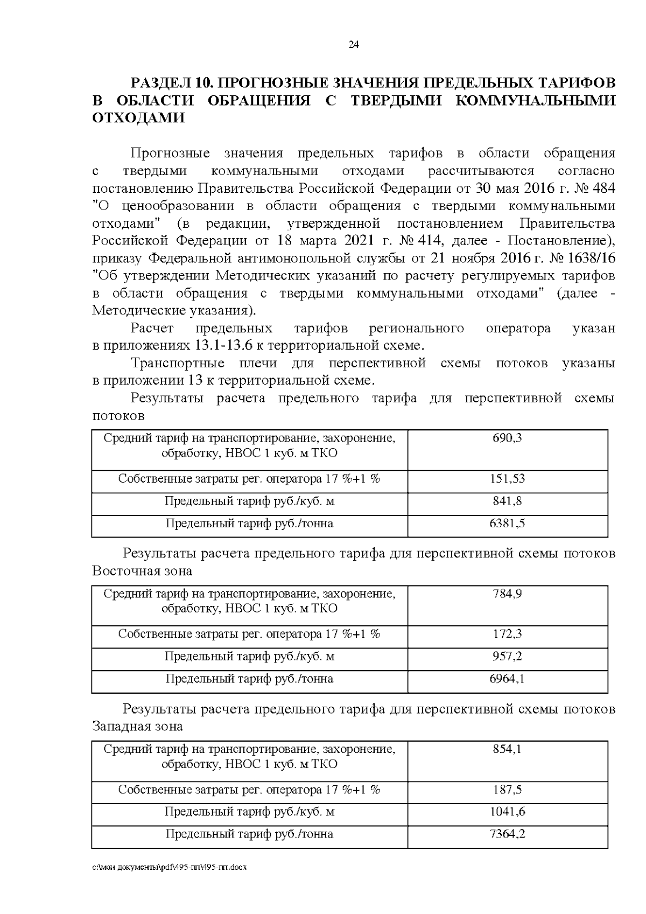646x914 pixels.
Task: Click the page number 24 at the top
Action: [354, 45]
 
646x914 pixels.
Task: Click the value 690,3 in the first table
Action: [507, 438]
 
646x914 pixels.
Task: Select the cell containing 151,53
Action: [507, 479]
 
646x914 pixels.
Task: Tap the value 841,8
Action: [507, 501]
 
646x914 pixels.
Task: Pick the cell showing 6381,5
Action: [507, 524]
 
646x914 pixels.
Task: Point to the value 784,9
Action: [507, 594]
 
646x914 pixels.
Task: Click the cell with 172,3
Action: [507, 634]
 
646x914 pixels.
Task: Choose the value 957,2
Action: [507, 657]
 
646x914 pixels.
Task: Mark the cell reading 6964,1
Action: [507, 679]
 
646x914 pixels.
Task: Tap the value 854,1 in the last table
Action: [507, 749]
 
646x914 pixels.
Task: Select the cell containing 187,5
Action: [507, 790]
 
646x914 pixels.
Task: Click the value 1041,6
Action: [507, 812]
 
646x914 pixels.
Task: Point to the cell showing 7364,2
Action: [507, 834]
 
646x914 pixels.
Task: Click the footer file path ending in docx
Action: [170, 868]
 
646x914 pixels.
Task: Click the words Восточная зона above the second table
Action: [142, 571]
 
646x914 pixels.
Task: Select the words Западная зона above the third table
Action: [138, 727]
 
